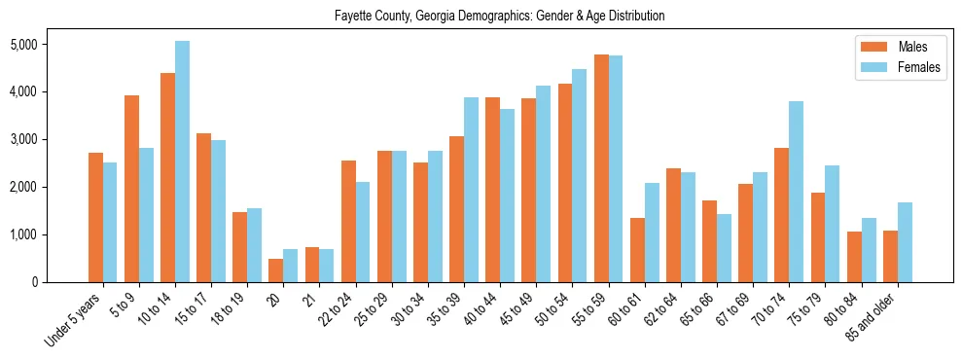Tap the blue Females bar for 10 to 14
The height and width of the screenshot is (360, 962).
(182, 162)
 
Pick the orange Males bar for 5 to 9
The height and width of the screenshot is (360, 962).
(131, 189)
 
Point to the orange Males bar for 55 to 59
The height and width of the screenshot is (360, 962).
(601, 168)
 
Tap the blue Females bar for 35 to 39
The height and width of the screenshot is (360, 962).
(471, 190)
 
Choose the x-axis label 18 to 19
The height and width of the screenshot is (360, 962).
(226, 306)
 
